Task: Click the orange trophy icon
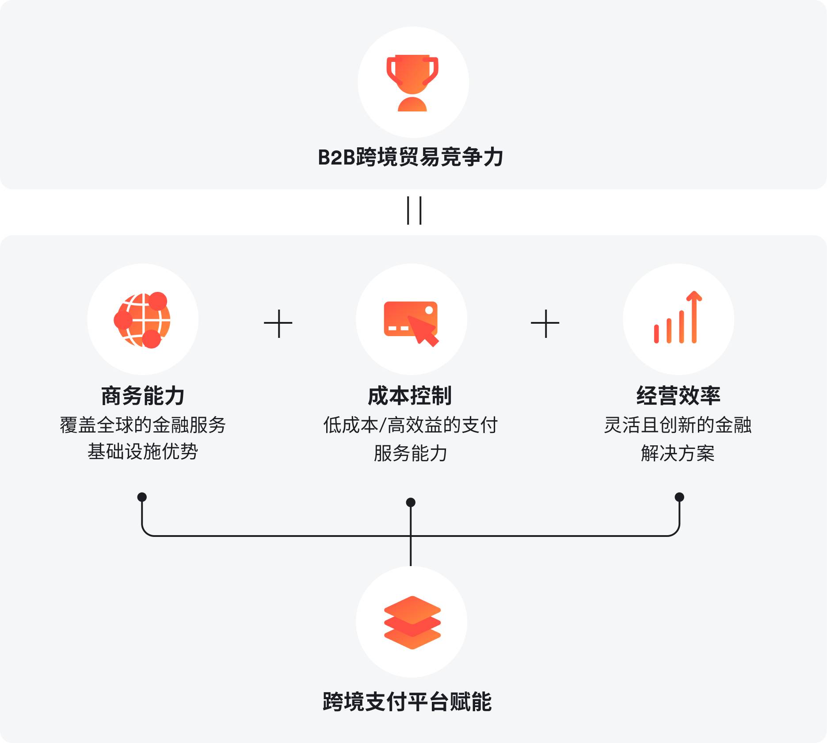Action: [x=412, y=83]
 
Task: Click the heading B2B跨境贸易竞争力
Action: [x=411, y=157]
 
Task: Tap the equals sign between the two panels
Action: [x=414, y=211]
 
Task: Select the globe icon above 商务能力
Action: [x=142, y=320]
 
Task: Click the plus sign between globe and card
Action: [x=278, y=324]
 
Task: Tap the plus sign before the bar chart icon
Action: [x=545, y=324]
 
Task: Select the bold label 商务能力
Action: [x=142, y=396]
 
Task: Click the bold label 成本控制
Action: [x=410, y=396]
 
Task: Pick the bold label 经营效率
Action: [x=678, y=396]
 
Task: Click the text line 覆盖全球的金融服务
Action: [x=142, y=425]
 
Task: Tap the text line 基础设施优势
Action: [x=142, y=452]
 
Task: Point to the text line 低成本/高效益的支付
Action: [x=410, y=425]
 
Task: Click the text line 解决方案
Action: [x=678, y=453]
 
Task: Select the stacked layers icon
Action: [x=412, y=622]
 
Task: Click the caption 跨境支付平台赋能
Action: [x=407, y=702]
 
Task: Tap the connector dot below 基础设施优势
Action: [x=142, y=497]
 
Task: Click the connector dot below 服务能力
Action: [x=411, y=502]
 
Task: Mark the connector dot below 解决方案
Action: [x=679, y=497]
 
